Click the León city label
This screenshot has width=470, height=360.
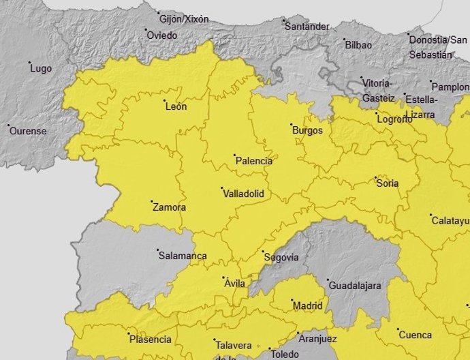pos(176,106)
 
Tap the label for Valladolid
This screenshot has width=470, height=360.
pos(243,194)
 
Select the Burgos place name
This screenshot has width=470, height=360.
pos(307,130)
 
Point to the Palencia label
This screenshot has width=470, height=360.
pos(253,162)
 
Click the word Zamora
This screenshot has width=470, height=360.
pos(169,207)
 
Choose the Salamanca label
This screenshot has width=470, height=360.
pos(182,256)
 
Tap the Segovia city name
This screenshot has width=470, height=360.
pos(281,258)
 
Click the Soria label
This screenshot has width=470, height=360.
pos(387,183)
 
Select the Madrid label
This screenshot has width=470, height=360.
pos(307,306)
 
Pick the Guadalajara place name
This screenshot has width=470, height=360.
pos(354,286)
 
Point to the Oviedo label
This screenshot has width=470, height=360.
pos(162,35)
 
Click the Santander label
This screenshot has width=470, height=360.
pos(307,27)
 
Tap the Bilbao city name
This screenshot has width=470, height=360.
pos(359,46)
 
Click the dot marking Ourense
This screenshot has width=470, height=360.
pos(8,125)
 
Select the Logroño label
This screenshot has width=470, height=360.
pos(394,120)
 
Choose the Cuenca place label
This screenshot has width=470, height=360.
pos(415,335)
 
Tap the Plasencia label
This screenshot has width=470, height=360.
pos(150,340)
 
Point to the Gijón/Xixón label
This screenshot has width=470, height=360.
pos(185,18)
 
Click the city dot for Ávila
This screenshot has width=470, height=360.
pos(225,277)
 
